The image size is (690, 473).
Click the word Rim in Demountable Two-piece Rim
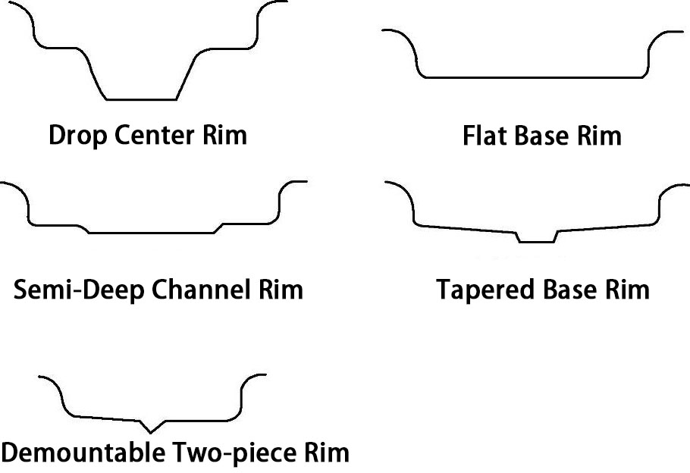[327, 453]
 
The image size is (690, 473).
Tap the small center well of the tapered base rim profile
[536, 241]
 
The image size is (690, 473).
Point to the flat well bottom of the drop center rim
[141, 99]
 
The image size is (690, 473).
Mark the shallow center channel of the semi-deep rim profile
[152, 232]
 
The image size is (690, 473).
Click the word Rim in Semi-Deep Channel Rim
[281, 290]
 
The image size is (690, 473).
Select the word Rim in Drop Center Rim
[225, 136]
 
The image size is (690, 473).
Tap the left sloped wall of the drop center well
[96, 80]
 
